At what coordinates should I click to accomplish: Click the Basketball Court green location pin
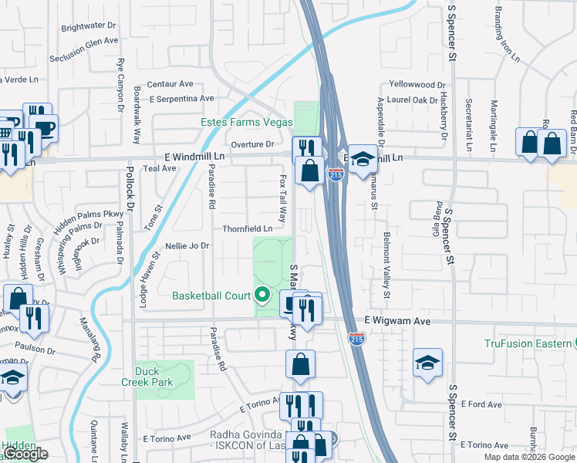coord(262,294)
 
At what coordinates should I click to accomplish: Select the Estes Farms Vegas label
coord(247,123)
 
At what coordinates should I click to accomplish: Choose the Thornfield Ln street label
coord(247,229)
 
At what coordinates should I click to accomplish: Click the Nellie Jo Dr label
coord(187,246)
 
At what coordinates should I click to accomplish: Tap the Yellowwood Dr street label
coord(417,84)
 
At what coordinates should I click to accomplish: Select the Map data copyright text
coord(529,457)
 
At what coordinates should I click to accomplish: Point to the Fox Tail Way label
coord(283,197)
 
